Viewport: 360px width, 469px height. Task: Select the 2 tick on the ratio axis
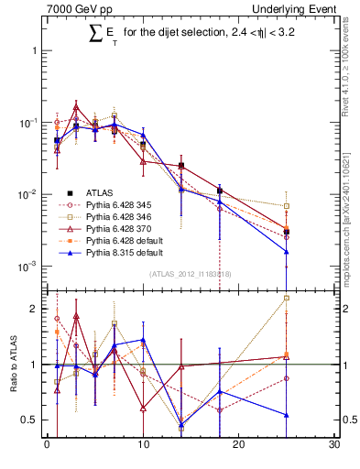click(34, 309)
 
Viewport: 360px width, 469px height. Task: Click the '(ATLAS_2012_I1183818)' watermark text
click(191, 274)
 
